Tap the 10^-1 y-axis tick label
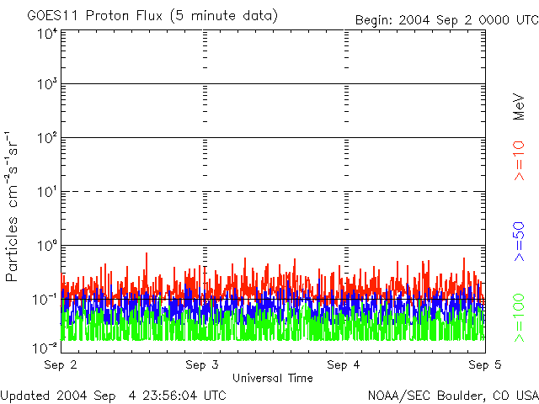tap(45, 299)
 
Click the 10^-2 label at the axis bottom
tap(45, 348)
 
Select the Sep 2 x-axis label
tap(61, 365)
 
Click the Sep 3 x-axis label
tap(202, 365)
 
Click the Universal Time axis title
tap(273, 378)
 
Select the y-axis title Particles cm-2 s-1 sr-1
tap(14, 205)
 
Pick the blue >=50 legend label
tap(520, 240)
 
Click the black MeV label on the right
tap(520, 105)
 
